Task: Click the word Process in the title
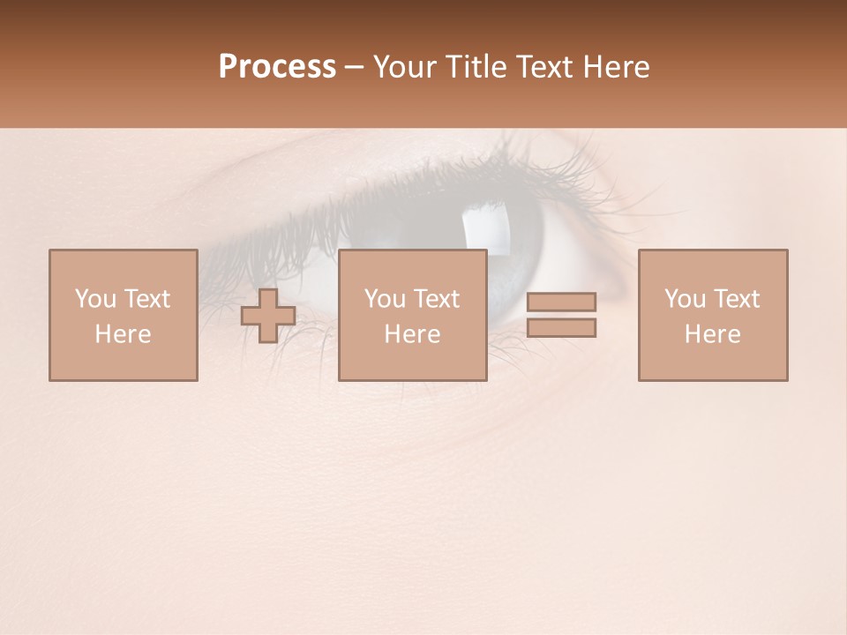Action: (277, 67)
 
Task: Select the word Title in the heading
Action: (474, 67)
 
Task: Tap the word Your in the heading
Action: (407, 67)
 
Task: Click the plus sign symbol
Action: (268, 316)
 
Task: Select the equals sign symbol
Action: (561, 315)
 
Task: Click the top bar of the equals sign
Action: (561, 302)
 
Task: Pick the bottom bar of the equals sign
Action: (561, 328)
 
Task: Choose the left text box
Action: (123, 315)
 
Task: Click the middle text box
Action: (412, 315)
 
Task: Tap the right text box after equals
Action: (712, 315)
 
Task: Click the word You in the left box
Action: (95, 299)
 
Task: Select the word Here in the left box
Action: (123, 334)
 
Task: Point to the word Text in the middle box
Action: (437, 299)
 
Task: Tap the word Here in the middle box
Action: (412, 334)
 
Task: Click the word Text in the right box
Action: (737, 299)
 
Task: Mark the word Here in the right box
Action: (712, 334)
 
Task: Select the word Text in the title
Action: (543, 67)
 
